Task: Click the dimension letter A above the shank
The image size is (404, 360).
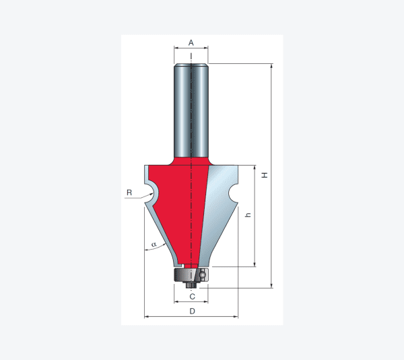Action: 191,42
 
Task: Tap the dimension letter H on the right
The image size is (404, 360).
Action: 265,175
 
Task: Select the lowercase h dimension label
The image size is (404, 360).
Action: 248,215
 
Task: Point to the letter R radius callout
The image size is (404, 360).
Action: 129,192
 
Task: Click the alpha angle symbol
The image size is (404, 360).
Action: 154,244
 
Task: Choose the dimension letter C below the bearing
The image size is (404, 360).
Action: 192,297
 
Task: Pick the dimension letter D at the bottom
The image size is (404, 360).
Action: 192,312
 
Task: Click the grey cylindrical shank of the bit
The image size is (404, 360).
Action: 191,111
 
